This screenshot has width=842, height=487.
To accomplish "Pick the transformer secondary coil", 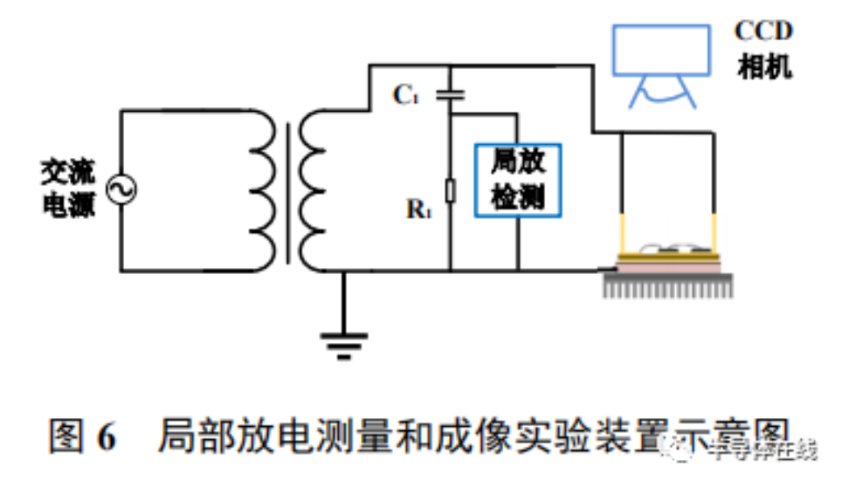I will coord(313,191).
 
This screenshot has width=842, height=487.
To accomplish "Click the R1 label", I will coord(419,208).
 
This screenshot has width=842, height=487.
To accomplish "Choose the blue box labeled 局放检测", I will coord(518,179).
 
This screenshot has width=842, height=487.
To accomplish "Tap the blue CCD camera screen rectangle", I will coord(661,49).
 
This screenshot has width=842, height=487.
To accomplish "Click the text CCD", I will coord(763,31).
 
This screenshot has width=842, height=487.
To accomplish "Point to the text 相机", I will coord(764,68).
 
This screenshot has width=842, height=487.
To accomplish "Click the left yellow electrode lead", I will coord(622,234).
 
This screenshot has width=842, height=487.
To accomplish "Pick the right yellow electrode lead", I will coord(714,234).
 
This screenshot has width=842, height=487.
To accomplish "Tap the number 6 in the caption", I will coord(106,436).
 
